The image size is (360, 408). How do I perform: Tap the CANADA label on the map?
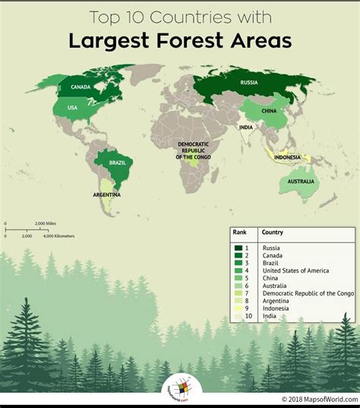coord(81,86)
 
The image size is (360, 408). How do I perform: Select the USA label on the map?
coord(73,107)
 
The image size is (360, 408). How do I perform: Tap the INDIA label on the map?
coord(246,127)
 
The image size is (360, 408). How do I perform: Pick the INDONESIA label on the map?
coord(288,158)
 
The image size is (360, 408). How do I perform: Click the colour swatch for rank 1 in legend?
coord(238,248)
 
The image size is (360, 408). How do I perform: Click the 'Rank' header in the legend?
coord(240,232)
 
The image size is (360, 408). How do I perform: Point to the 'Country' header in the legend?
coord(273,232)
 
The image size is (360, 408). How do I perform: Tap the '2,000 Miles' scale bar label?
coord(46,223)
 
